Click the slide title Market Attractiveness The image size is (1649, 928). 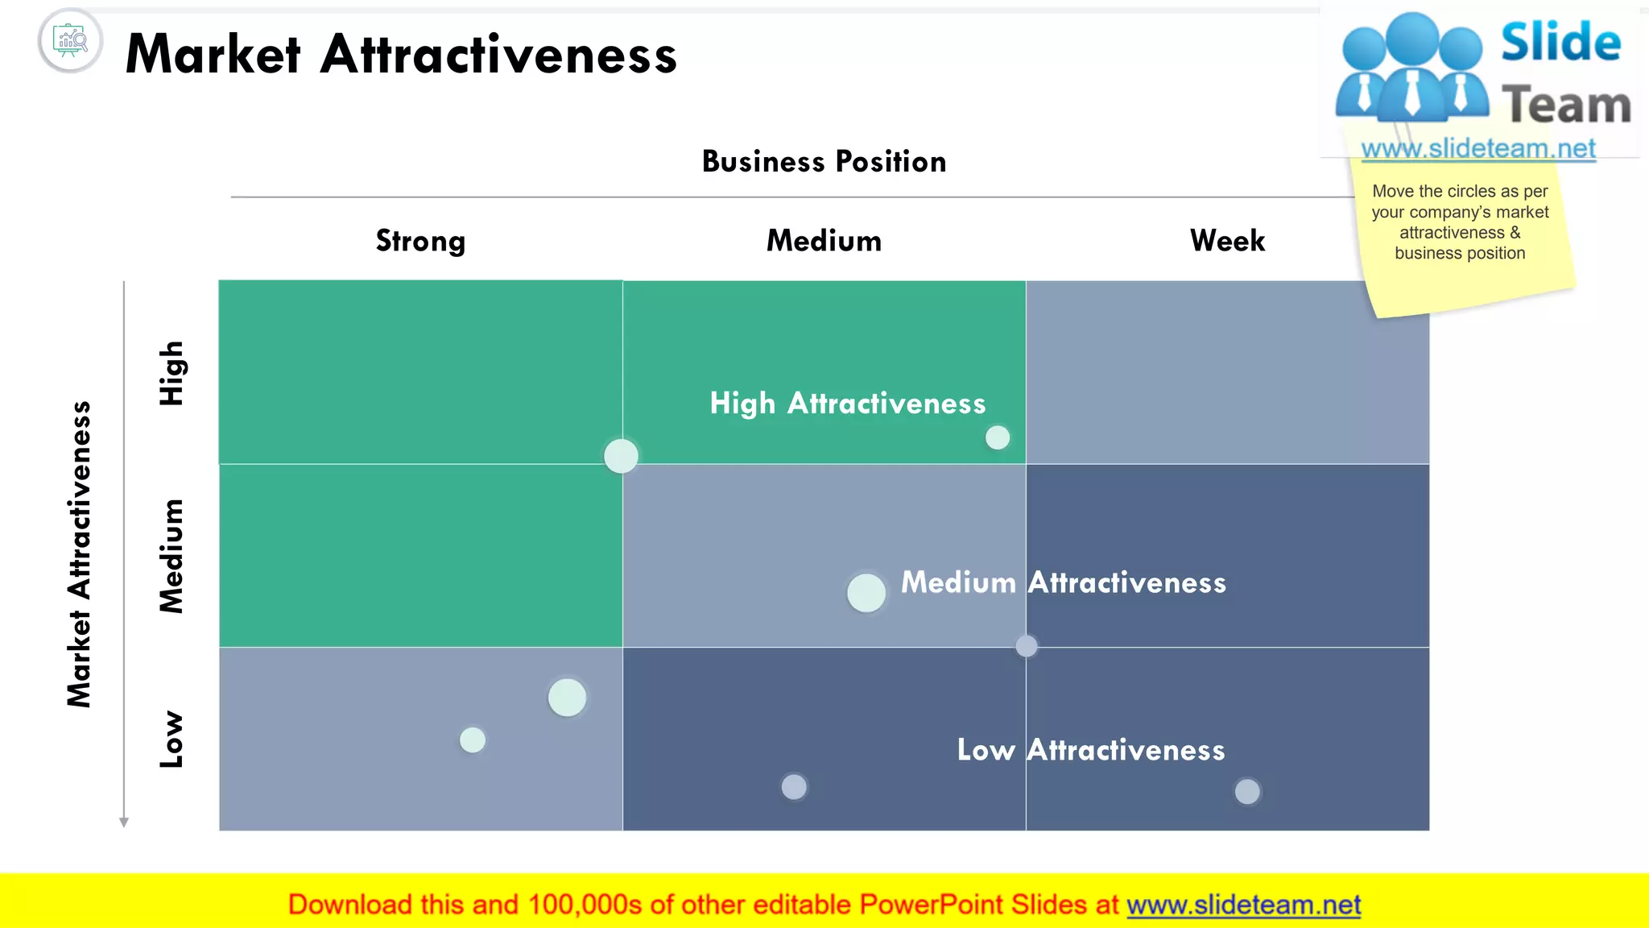[x=401, y=55]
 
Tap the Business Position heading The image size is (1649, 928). [x=824, y=162]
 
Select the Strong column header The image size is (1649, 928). [x=420, y=241]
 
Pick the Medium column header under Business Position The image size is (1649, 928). [x=824, y=241]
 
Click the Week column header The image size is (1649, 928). [x=1227, y=241]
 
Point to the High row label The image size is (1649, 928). [x=172, y=373]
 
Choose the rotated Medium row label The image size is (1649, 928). [x=172, y=556]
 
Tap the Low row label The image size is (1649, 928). [x=172, y=739]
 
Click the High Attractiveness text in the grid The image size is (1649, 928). [x=847, y=403]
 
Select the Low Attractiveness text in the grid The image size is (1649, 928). [x=1090, y=750]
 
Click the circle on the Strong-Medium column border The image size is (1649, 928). [x=621, y=456]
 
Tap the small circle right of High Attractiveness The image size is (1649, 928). [x=998, y=437]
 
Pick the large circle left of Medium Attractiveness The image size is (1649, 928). [x=866, y=593]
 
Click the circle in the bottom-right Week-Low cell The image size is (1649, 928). [x=1247, y=791]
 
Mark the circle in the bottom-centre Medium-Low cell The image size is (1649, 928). [x=794, y=786]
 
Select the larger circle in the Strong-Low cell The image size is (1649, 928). [x=567, y=698]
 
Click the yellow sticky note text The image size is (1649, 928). [x=1460, y=222]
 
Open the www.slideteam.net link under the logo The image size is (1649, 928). [x=1477, y=149]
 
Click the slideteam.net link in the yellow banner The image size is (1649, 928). [x=1243, y=905]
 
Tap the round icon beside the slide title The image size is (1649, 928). [x=70, y=40]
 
